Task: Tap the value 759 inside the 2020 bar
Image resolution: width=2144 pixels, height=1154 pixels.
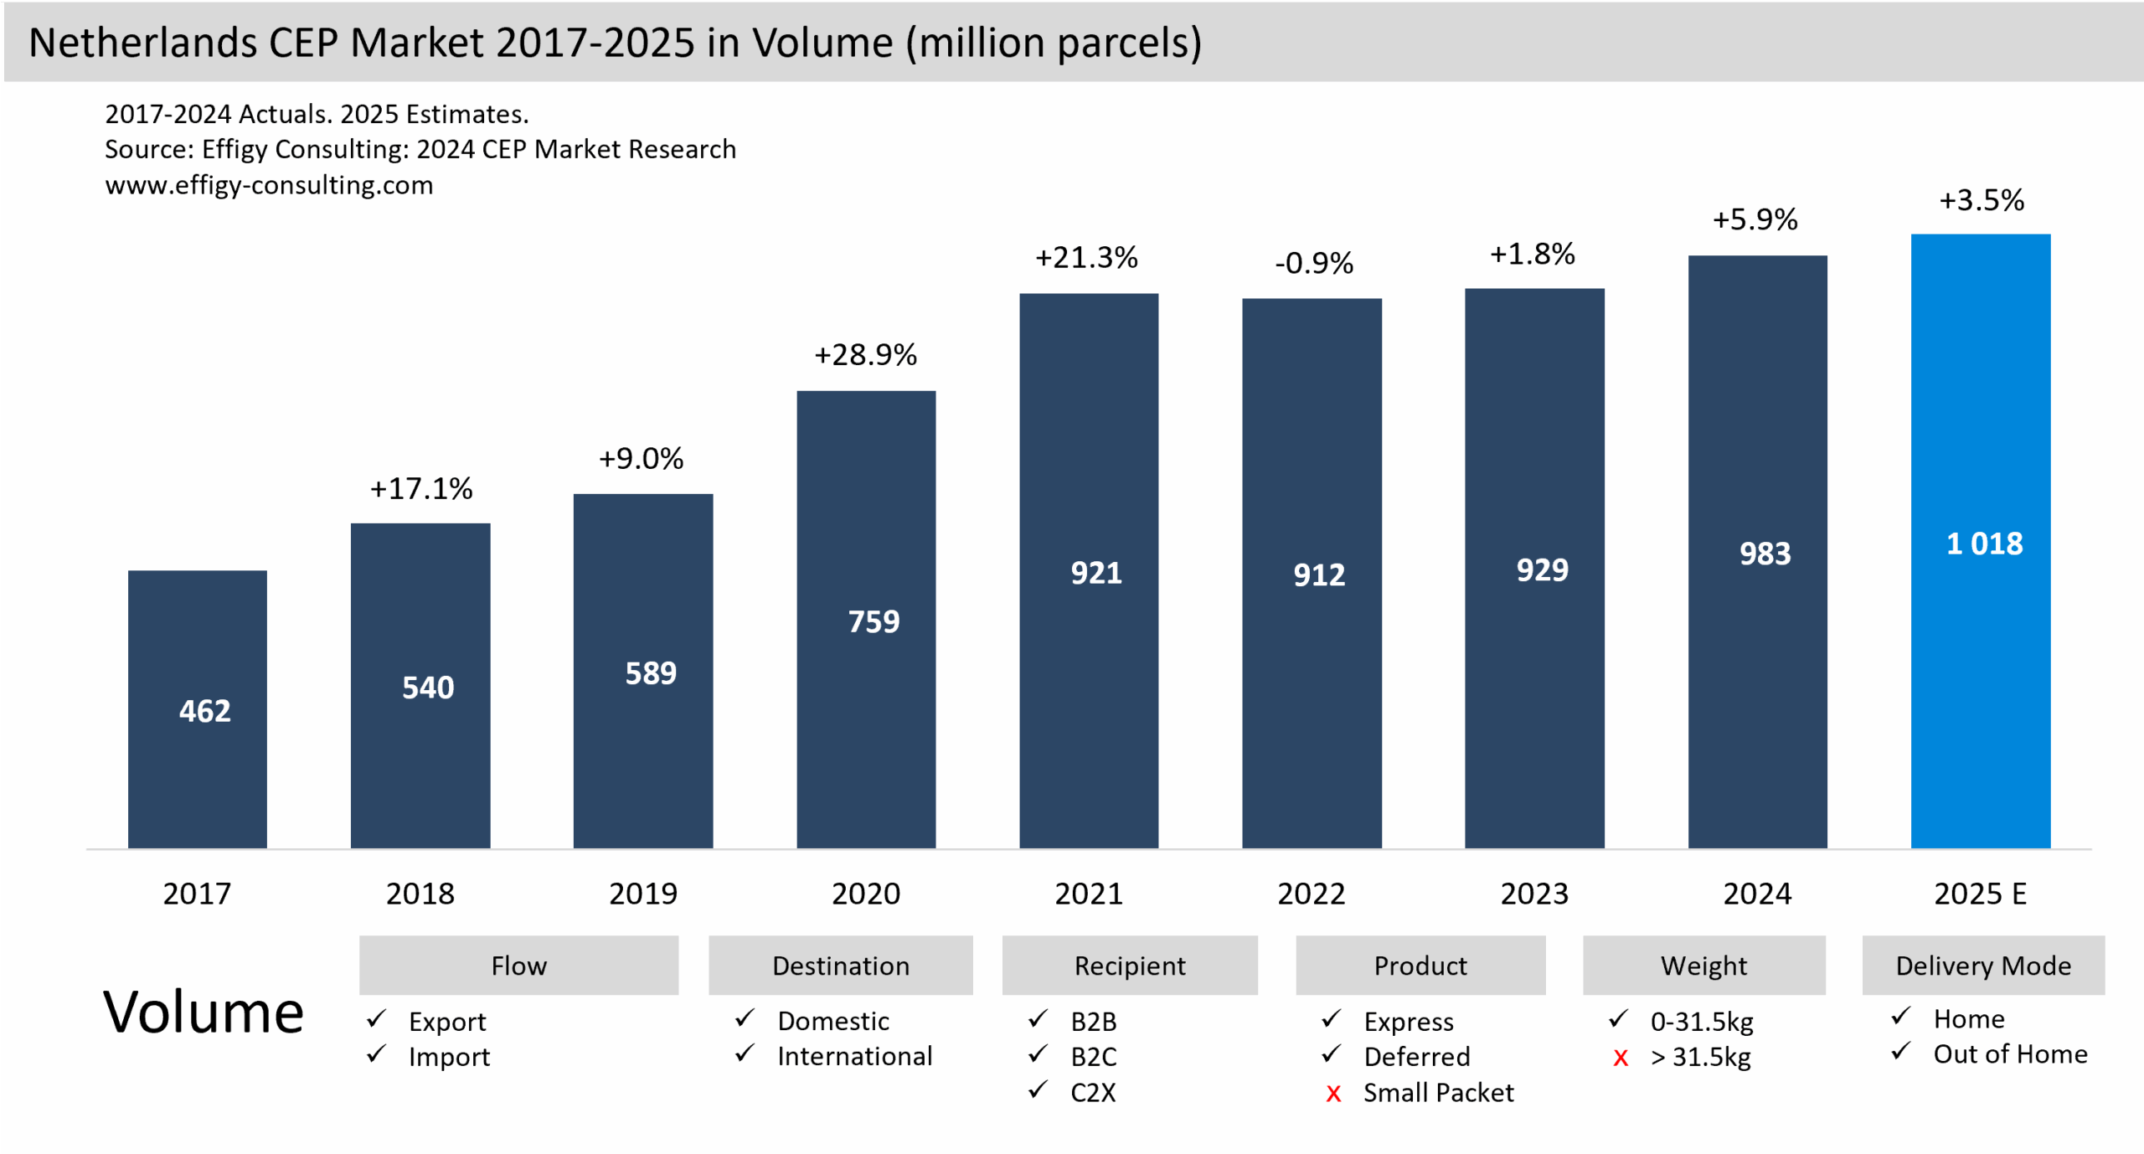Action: [874, 621]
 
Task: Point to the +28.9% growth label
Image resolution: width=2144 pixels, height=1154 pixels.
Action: [865, 354]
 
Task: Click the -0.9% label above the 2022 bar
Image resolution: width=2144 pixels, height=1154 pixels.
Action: [1313, 263]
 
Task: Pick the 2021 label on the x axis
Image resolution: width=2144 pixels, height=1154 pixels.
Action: [1088, 894]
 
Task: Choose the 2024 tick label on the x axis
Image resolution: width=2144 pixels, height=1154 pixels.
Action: [1757, 894]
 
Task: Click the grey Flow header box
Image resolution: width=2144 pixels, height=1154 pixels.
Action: [518, 965]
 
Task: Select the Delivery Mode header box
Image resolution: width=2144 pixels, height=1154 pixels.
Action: [1982, 965]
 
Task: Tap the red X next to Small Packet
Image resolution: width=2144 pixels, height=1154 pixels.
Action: [1333, 1093]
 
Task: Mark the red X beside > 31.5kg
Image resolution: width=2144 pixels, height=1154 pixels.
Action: [1621, 1058]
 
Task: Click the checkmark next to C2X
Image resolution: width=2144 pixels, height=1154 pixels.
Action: [1038, 1090]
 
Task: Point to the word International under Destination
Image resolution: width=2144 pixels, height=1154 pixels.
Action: [854, 1056]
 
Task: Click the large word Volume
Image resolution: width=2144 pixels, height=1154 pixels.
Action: [203, 1012]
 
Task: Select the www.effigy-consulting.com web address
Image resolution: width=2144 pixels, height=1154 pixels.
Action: [269, 184]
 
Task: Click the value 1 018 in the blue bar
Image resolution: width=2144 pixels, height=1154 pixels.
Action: [1984, 544]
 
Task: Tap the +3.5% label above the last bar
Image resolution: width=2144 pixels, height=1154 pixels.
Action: [1981, 200]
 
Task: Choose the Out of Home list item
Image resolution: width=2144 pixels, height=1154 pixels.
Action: [2009, 1054]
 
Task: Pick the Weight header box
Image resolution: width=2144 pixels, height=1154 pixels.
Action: [1703, 965]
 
